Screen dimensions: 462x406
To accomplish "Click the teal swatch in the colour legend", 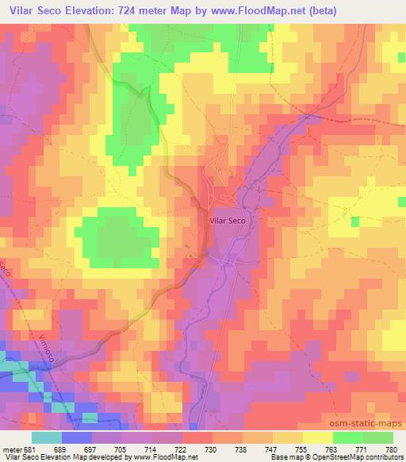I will click(48, 437).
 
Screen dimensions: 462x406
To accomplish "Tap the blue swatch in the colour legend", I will click(77, 437).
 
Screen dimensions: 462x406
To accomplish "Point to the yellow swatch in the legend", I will click(317, 437).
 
